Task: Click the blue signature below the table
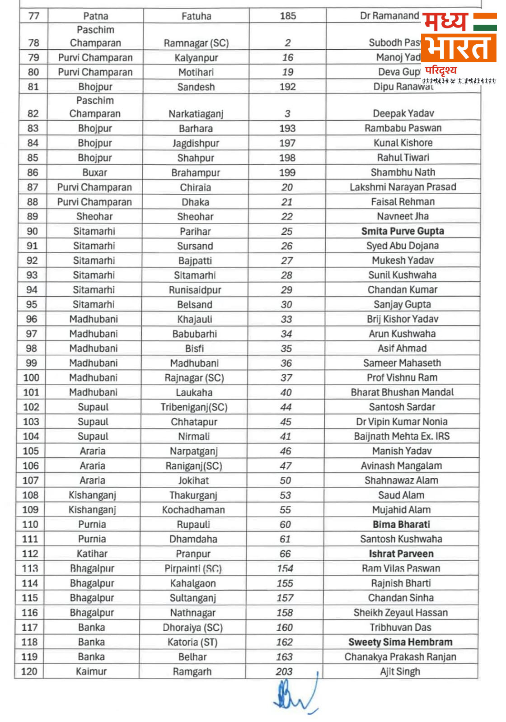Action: click(x=295, y=696)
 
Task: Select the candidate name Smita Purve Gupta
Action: click(x=403, y=231)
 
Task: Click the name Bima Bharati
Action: click(x=401, y=524)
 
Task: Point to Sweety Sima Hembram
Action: click(x=400, y=642)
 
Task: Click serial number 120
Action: click(x=29, y=671)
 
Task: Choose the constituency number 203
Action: click(x=284, y=671)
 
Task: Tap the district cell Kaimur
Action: click(x=91, y=671)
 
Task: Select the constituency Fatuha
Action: click(x=196, y=16)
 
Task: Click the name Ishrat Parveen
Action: click(x=401, y=554)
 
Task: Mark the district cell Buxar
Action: click(x=95, y=172)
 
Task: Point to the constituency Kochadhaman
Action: click(x=193, y=510)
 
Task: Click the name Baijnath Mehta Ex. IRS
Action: click(x=402, y=436)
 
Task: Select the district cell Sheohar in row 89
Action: click(x=94, y=216)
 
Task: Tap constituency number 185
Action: click(x=288, y=16)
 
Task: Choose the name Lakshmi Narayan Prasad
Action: click(x=403, y=187)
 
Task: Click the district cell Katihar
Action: click(x=92, y=554)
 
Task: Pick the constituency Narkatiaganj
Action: click(x=196, y=114)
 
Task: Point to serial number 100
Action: click(x=31, y=377)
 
